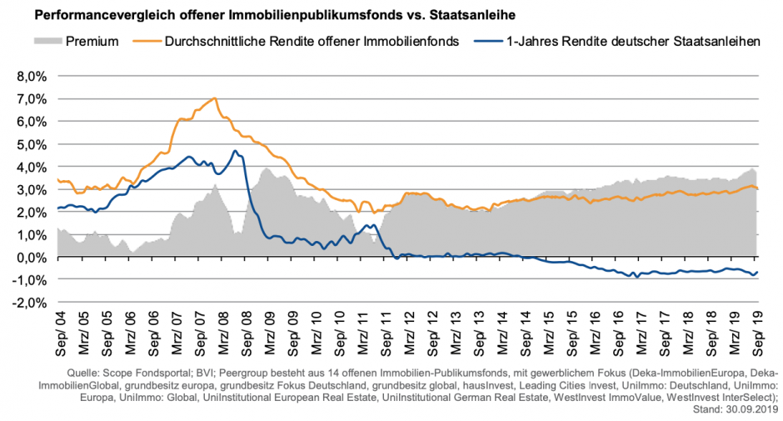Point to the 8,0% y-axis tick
[30, 76]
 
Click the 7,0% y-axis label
[30, 98]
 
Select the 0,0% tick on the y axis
[30, 257]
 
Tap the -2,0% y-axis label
[28, 303]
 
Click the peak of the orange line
[215, 98]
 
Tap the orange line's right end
[757, 188]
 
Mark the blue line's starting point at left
[57, 208]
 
